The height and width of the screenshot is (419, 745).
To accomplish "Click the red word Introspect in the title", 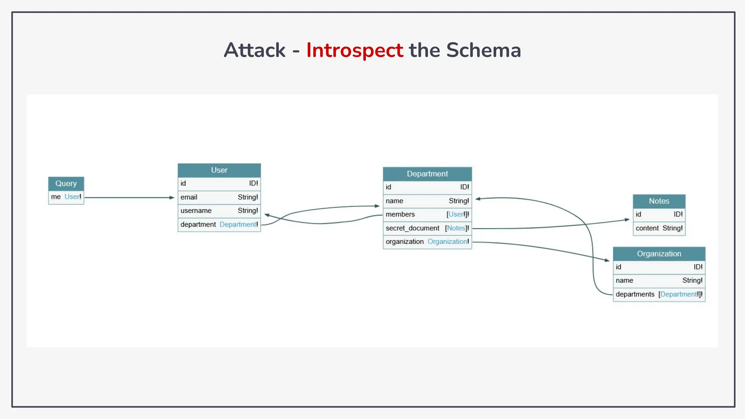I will pos(354,50).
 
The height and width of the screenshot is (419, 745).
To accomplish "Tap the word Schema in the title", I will pos(483,50).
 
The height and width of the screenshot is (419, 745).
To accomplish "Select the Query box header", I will pos(66,184).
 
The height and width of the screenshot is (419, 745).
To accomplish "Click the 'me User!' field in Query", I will pos(66,197).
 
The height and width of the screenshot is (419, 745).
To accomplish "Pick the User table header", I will pos(219,170).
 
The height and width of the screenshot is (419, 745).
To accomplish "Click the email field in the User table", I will pos(189,197).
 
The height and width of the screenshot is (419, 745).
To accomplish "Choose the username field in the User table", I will pos(196,211).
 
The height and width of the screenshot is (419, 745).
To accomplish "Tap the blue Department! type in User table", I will pos(238,224).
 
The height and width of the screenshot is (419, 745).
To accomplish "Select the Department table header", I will pos(427,174).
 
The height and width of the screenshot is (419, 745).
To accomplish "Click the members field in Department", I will pos(400,214).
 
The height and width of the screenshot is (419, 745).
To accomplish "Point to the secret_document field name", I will pos(412,228).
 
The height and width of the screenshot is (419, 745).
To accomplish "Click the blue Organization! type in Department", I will pos(448,242).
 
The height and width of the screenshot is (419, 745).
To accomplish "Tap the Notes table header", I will pos(659,201).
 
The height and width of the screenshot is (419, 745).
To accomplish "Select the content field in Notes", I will pos(647,228).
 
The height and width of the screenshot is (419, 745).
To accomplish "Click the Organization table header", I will pos(659,254).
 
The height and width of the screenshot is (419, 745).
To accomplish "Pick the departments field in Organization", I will pos(635,294).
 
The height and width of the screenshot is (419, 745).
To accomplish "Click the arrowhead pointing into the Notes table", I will pos(627,220).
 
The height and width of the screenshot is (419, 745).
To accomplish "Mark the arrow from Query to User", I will pos(129,197).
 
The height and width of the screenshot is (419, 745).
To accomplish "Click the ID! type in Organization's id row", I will pos(698,267).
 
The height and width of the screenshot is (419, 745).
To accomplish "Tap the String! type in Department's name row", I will pos(459,201).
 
